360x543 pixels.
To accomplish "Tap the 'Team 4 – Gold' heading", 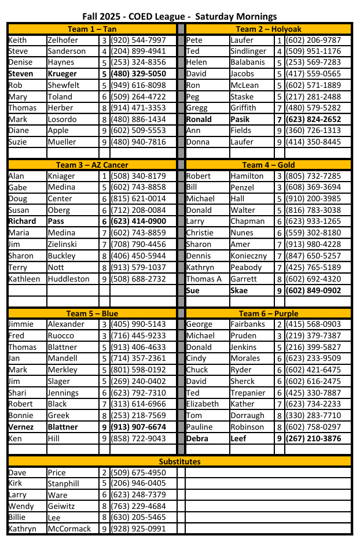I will click(x=268, y=165).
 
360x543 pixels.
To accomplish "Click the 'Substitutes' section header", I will click(x=179, y=461).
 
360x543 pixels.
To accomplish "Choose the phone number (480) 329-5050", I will click(x=138, y=74).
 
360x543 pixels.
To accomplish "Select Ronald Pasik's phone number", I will click(x=316, y=119).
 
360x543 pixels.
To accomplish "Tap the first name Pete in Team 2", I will click(x=194, y=40).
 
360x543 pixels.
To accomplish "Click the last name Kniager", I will click(x=61, y=176).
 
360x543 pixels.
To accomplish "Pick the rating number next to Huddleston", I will click(x=104, y=279).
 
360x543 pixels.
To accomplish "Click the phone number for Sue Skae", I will click(x=316, y=290).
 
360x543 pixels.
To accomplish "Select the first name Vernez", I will click(x=22, y=427).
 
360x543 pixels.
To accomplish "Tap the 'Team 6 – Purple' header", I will click(x=268, y=313).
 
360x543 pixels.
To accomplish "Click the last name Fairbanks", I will click(x=248, y=324).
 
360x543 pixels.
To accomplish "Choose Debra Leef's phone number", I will click(x=316, y=438).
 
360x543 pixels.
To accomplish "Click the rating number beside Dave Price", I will click(x=104, y=472).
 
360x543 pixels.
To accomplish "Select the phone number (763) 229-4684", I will click(x=138, y=507).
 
